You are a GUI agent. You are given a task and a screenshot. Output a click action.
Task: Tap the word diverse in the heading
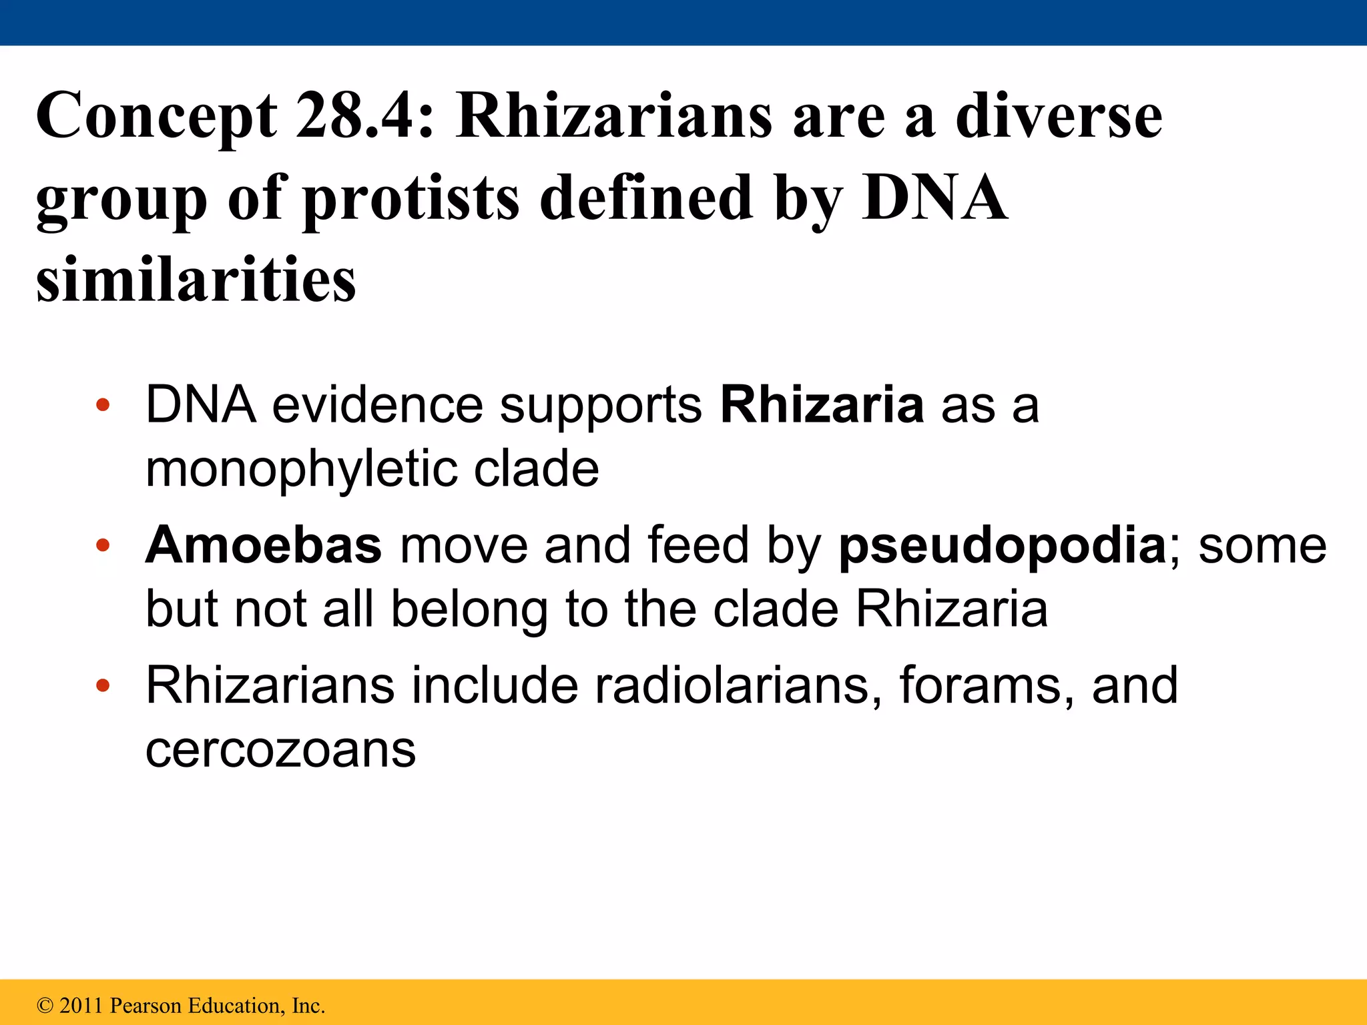tap(1059, 116)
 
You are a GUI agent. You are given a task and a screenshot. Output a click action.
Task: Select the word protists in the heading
tap(411, 198)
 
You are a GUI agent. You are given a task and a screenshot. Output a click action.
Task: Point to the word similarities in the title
tap(196, 280)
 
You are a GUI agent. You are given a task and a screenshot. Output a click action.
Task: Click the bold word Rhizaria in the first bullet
tap(822, 405)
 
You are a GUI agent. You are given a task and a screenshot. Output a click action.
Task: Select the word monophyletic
tap(301, 469)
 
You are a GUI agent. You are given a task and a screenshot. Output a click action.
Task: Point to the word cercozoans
tap(280, 750)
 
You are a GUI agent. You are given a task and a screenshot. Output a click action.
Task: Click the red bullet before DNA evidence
tap(102, 405)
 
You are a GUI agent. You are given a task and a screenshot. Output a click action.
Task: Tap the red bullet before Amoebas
tap(102, 546)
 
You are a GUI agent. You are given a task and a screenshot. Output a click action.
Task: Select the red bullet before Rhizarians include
tap(102, 686)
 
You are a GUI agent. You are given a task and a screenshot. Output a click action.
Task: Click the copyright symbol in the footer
tap(45, 1006)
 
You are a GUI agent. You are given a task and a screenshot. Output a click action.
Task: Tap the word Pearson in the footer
tap(146, 1006)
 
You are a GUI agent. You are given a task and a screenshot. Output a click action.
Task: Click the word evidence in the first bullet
tap(377, 405)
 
